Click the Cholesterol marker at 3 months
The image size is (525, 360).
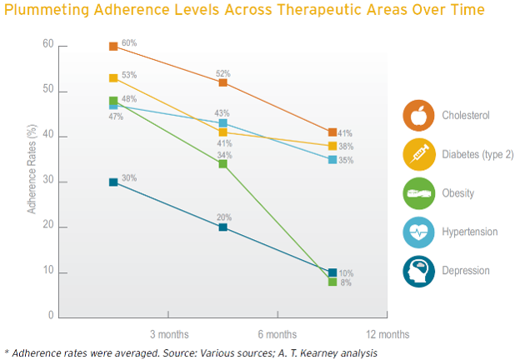pyautogui.click(x=113, y=46)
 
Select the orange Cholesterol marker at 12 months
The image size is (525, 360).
pyautogui.click(x=332, y=132)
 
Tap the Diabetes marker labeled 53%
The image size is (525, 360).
pyautogui.click(x=113, y=78)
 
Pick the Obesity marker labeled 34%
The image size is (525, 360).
pyautogui.click(x=223, y=163)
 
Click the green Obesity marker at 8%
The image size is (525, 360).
pyautogui.click(x=332, y=282)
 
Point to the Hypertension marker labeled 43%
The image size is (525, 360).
pyautogui.click(x=223, y=123)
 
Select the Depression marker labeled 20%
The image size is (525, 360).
pyautogui.click(x=223, y=227)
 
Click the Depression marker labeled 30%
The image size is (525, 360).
pyautogui.click(x=113, y=182)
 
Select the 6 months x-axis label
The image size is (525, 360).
pyautogui.click(x=277, y=335)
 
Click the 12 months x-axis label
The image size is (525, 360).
pyautogui.click(x=387, y=335)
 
